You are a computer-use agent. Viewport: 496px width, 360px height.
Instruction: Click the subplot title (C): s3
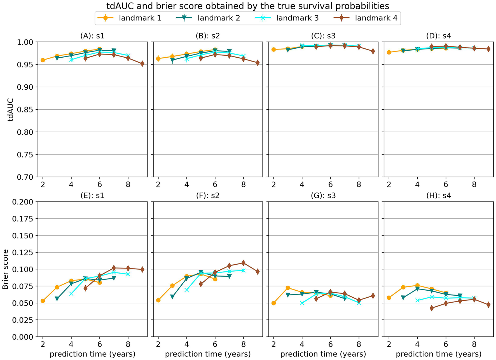click(x=323, y=36)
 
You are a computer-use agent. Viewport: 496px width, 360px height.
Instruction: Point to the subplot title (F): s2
click(x=208, y=196)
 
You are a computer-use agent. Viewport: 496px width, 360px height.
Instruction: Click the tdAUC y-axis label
click(x=11, y=110)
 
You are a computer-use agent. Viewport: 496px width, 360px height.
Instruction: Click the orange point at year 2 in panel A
click(x=43, y=60)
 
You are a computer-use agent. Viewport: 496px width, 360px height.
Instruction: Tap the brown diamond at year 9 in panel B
click(x=258, y=63)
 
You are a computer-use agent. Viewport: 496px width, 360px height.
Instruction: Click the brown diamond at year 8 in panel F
click(x=243, y=263)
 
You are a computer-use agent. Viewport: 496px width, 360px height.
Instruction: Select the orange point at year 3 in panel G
click(x=288, y=288)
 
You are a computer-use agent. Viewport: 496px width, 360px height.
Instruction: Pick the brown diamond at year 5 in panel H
click(x=432, y=308)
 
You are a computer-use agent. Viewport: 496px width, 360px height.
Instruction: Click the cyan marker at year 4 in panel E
click(x=71, y=294)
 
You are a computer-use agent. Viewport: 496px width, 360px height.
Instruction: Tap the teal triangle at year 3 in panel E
click(x=57, y=299)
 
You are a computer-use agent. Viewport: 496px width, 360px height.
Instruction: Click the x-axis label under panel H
click(x=438, y=354)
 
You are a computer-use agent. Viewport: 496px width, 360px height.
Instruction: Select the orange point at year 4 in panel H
click(x=417, y=286)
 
